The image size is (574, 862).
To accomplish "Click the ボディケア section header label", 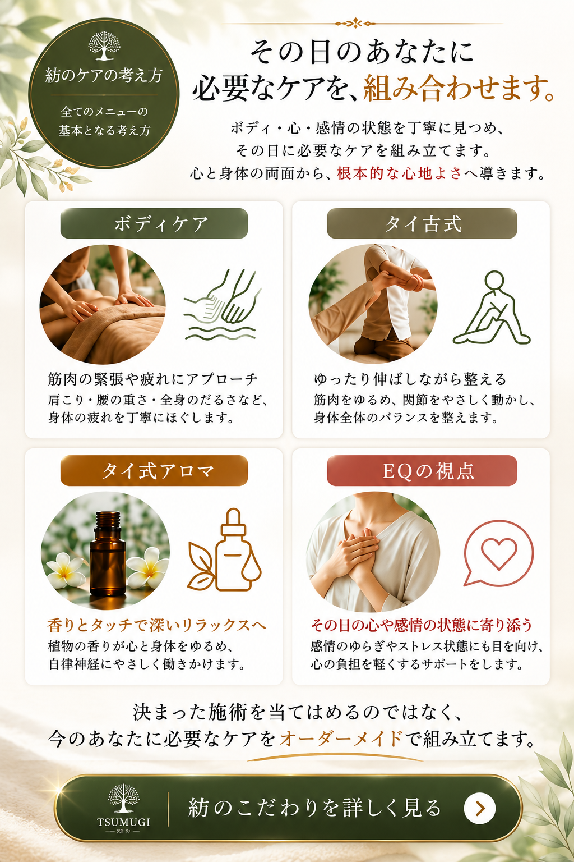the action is tap(154, 223).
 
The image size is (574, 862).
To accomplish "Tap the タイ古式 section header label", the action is tap(422, 223).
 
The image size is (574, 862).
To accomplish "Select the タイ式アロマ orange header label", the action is tap(154, 471).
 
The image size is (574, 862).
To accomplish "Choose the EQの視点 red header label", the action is tap(422, 471).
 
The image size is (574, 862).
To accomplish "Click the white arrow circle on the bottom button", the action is tap(480, 808).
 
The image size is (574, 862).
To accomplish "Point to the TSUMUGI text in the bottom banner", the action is tap(123, 822).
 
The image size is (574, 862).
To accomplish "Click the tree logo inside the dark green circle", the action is tap(104, 46).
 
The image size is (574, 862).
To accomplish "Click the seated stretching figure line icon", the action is tap(493, 308).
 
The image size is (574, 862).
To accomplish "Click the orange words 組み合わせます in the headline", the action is tap(459, 89).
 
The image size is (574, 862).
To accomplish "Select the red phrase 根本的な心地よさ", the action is tap(399, 173).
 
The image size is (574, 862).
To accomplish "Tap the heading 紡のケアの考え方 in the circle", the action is tap(104, 75).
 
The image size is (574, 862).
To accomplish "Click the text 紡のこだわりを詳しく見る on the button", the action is tap(314, 808).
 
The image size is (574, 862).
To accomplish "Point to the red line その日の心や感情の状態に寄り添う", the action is tap(422, 625).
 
